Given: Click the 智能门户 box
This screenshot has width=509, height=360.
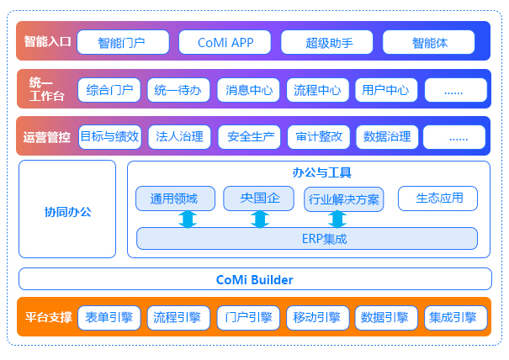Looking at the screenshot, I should [123, 41].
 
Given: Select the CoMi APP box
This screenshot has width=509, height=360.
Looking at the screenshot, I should [225, 41].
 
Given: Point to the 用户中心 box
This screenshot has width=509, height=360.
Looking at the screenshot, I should [386, 89].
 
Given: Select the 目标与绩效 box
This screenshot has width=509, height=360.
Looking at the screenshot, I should [109, 136].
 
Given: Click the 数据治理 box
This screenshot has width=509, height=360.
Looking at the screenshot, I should [386, 136].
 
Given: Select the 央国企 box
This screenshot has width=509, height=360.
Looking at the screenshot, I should [259, 199].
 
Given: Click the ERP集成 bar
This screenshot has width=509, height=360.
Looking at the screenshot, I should [307, 239].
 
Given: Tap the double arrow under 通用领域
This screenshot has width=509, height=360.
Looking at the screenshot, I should [187, 220].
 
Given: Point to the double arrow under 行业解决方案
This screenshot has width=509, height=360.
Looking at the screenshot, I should [337, 220].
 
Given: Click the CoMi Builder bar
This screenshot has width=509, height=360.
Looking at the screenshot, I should [254, 279].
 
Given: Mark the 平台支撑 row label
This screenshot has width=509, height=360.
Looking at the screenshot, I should [47, 318].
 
